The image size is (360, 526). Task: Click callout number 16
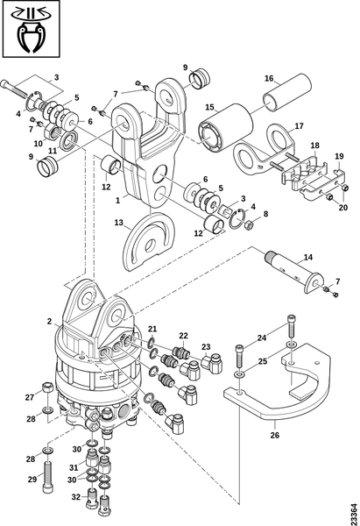click(x=269, y=77)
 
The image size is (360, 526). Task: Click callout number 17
click(x=299, y=124)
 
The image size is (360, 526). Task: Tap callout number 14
click(x=307, y=259)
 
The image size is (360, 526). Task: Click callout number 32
click(x=74, y=498)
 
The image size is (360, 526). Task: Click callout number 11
click(x=53, y=150)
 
